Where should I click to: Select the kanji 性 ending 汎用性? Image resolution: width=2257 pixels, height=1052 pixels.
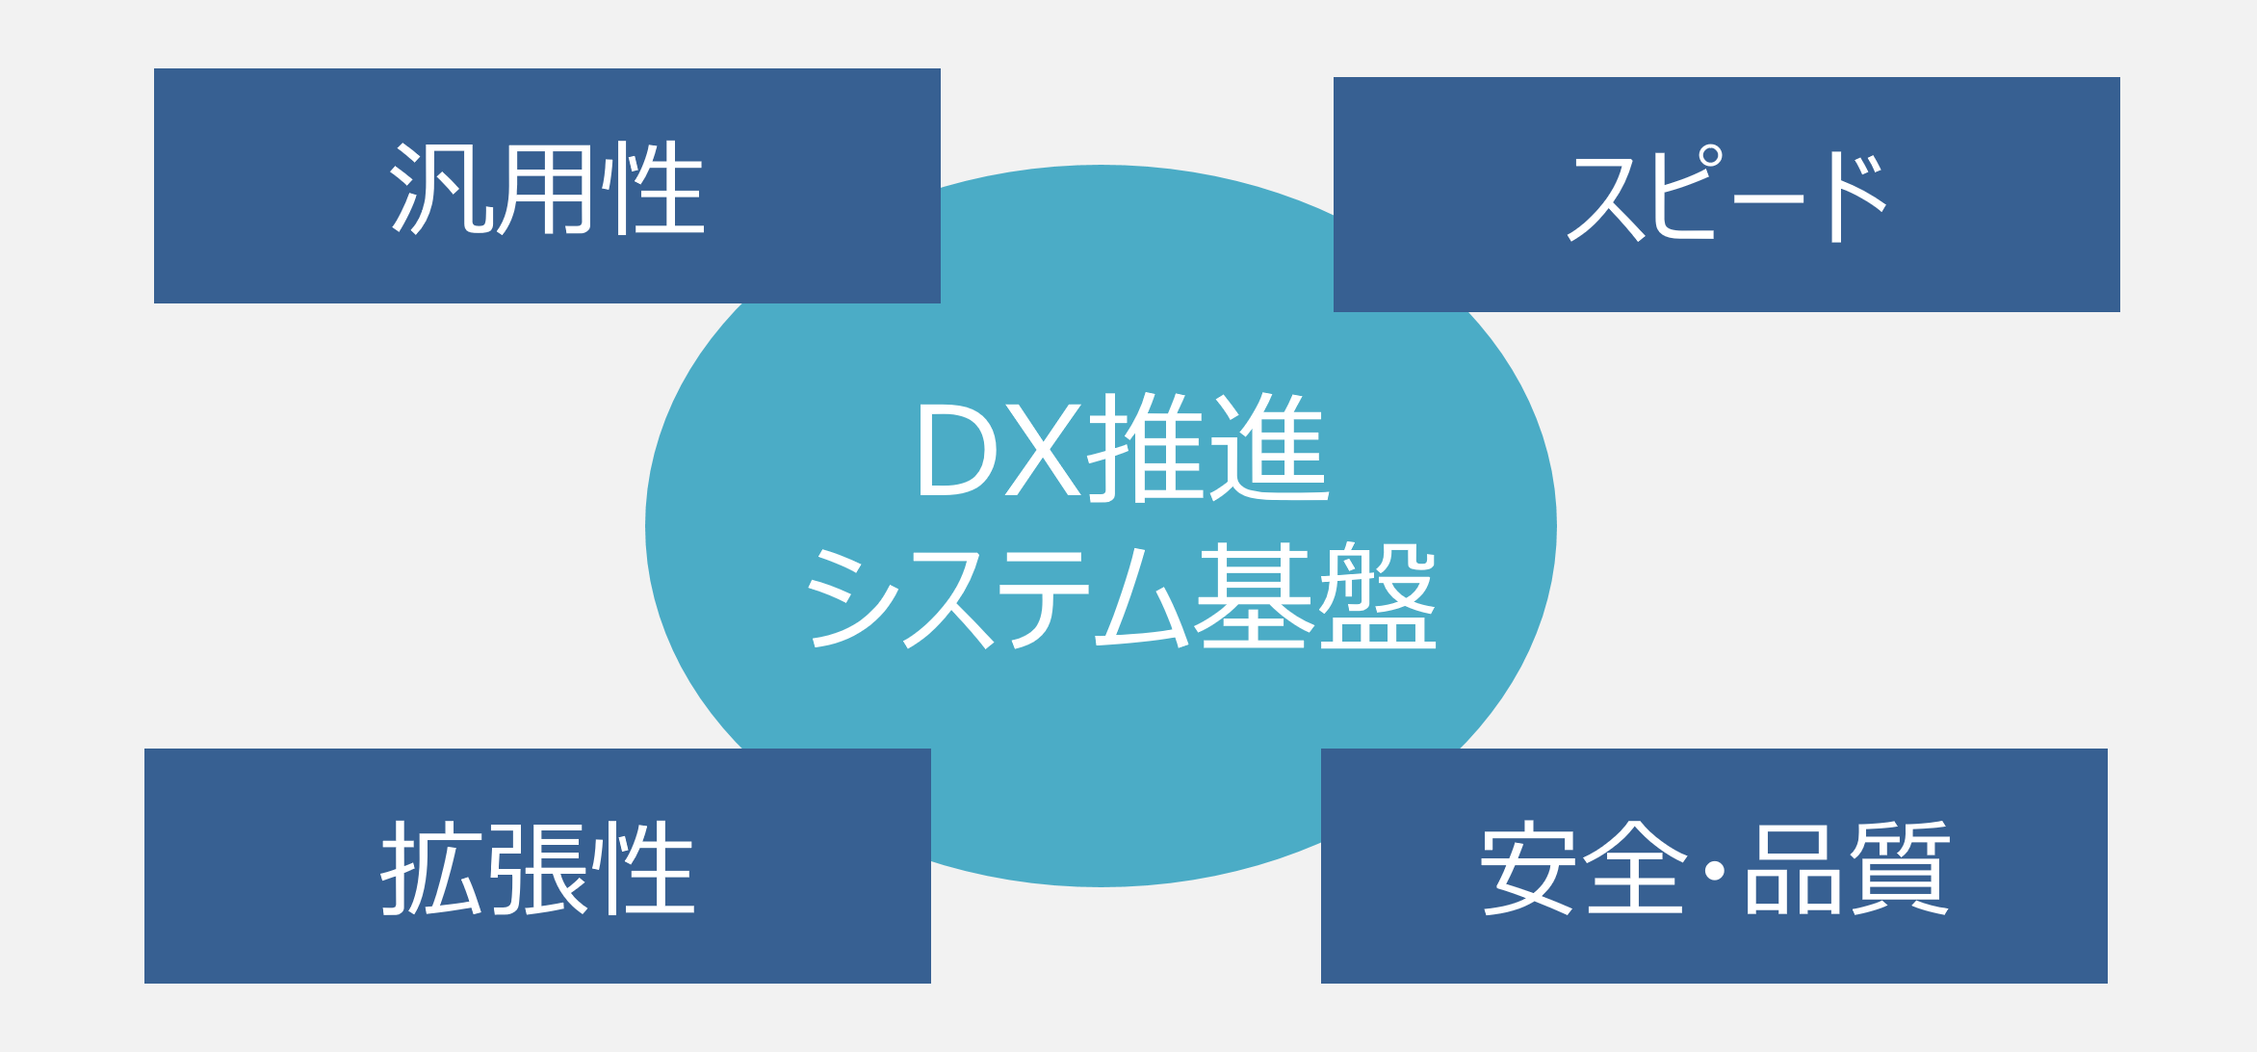[654, 188]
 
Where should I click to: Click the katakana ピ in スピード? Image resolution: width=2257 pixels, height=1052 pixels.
[1684, 192]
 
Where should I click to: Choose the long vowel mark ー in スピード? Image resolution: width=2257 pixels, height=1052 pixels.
[1768, 199]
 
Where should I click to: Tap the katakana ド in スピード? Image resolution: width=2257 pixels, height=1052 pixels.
[1857, 197]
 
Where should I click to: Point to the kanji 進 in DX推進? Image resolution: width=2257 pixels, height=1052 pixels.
[1270, 448]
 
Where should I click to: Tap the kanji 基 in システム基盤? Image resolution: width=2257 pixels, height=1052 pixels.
[1254, 595]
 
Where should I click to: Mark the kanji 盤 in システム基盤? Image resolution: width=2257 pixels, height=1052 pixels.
[1378, 595]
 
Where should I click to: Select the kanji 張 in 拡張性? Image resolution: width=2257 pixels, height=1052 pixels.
[538, 869]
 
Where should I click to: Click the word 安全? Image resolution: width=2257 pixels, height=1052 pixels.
[1583, 867]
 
